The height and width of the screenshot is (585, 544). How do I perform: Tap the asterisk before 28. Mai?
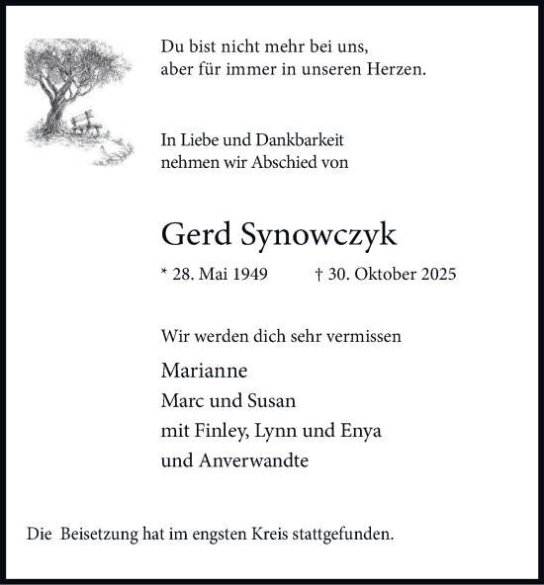coord(163,274)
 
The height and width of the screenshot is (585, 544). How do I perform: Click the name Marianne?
coord(203,372)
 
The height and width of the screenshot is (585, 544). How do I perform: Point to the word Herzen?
coord(398,70)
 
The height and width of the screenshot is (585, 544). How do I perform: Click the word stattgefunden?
coord(338,535)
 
